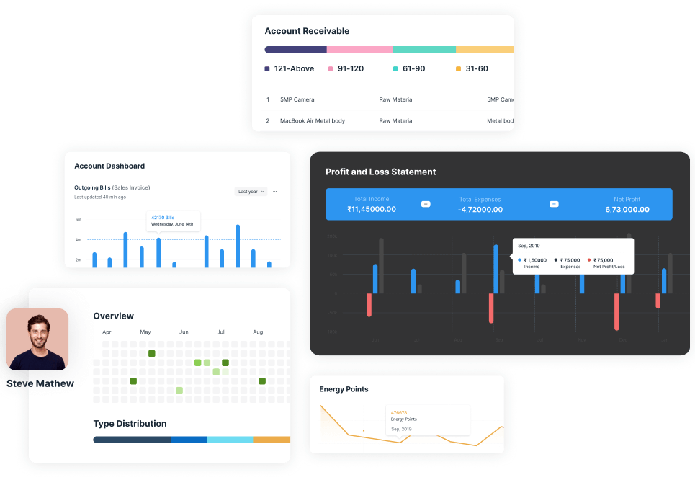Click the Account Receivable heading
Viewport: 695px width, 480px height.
(x=307, y=31)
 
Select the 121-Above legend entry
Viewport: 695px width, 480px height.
(x=293, y=69)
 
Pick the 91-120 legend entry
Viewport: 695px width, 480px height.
(x=350, y=69)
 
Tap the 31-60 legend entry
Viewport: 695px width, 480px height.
(x=476, y=69)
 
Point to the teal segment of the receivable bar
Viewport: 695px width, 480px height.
(x=424, y=50)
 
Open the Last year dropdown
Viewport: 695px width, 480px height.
(x=251, y=192)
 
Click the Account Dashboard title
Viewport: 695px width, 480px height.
(x=109, y=166)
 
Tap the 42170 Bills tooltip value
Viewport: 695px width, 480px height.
(x=163, y=217)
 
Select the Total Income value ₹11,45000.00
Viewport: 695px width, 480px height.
(x=372, y=210)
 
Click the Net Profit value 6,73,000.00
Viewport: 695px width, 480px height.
(x=627, y=210)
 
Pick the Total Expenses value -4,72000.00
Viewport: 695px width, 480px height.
(x=480, y=210)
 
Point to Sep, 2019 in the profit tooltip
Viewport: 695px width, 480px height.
(x=529, y=246)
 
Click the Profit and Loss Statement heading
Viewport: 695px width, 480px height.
(x=380, y=172)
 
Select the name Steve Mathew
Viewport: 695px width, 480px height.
(x=41, y=383)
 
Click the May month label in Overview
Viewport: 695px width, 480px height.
(x=145, y=332)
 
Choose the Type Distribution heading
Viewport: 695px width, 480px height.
(x=130, y=424)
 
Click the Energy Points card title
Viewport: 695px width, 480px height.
(x=344, y=389)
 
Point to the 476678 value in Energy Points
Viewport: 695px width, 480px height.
(x=398, y=412)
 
